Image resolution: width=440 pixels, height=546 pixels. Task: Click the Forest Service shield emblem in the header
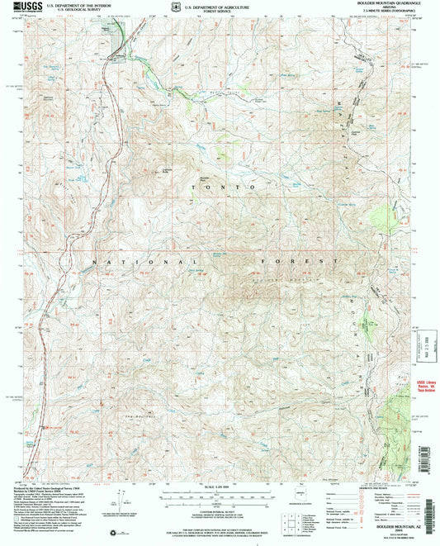(x=167, y=7)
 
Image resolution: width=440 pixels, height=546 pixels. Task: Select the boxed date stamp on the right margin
(x=427, y=351)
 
